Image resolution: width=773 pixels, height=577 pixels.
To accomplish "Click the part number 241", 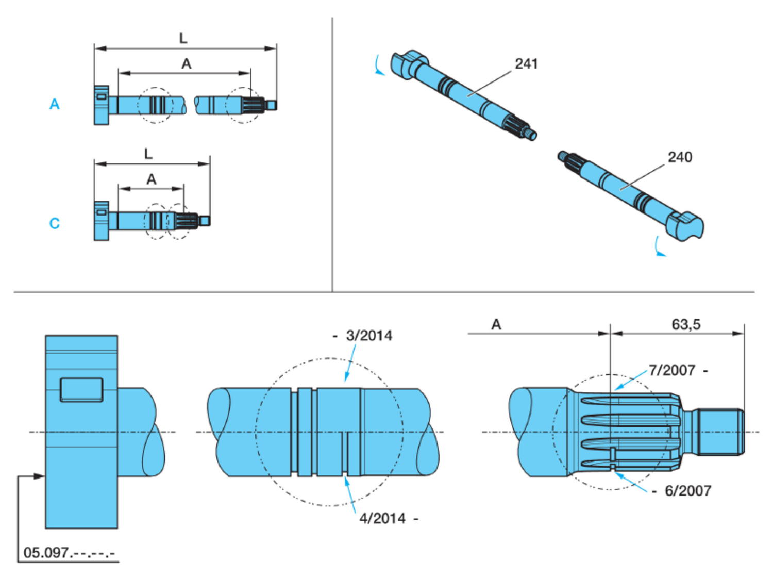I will pyautogui.click(x=526, y=63).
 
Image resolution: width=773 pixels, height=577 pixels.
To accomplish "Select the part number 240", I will pyautogui.click(x=680, y=157).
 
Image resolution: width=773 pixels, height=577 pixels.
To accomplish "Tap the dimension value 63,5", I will pyautogui.click(x=686, y=324).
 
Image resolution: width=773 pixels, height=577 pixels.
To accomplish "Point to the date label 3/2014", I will pyautogui.click(x=369, y=336).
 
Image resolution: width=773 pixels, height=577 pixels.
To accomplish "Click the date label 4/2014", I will pyautogui.click(x=382, y=518).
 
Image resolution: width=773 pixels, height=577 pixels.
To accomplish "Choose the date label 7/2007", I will pyautogui.click(x=672, y=370).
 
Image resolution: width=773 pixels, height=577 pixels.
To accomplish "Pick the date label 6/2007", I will pyautogui.click(x=688, y=490).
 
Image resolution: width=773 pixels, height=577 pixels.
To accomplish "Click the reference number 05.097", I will pyautogui.click(x=46, y=553).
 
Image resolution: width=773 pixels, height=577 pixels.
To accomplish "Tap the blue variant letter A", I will pyautogui.click(x=54, y=104).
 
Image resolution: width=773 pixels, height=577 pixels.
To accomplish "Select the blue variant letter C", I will pyautogui.click(x=54, y=223).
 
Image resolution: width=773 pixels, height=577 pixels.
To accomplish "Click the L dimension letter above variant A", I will pyautogui.click(x=183, y=38).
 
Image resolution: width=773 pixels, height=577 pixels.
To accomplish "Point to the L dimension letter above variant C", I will pyautogui.click(x=148, y=154).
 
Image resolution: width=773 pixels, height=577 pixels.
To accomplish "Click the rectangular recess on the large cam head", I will pyautogui.click(x=81, y=389).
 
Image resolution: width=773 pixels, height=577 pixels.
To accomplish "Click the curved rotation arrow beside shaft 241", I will pyautogui.click(x=379, y=66).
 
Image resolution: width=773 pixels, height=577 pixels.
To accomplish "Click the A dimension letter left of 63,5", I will pyautogui.click(x=496, y=324).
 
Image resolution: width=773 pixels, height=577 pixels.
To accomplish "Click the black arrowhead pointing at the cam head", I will pyautogui.click(x=40, y=476).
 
